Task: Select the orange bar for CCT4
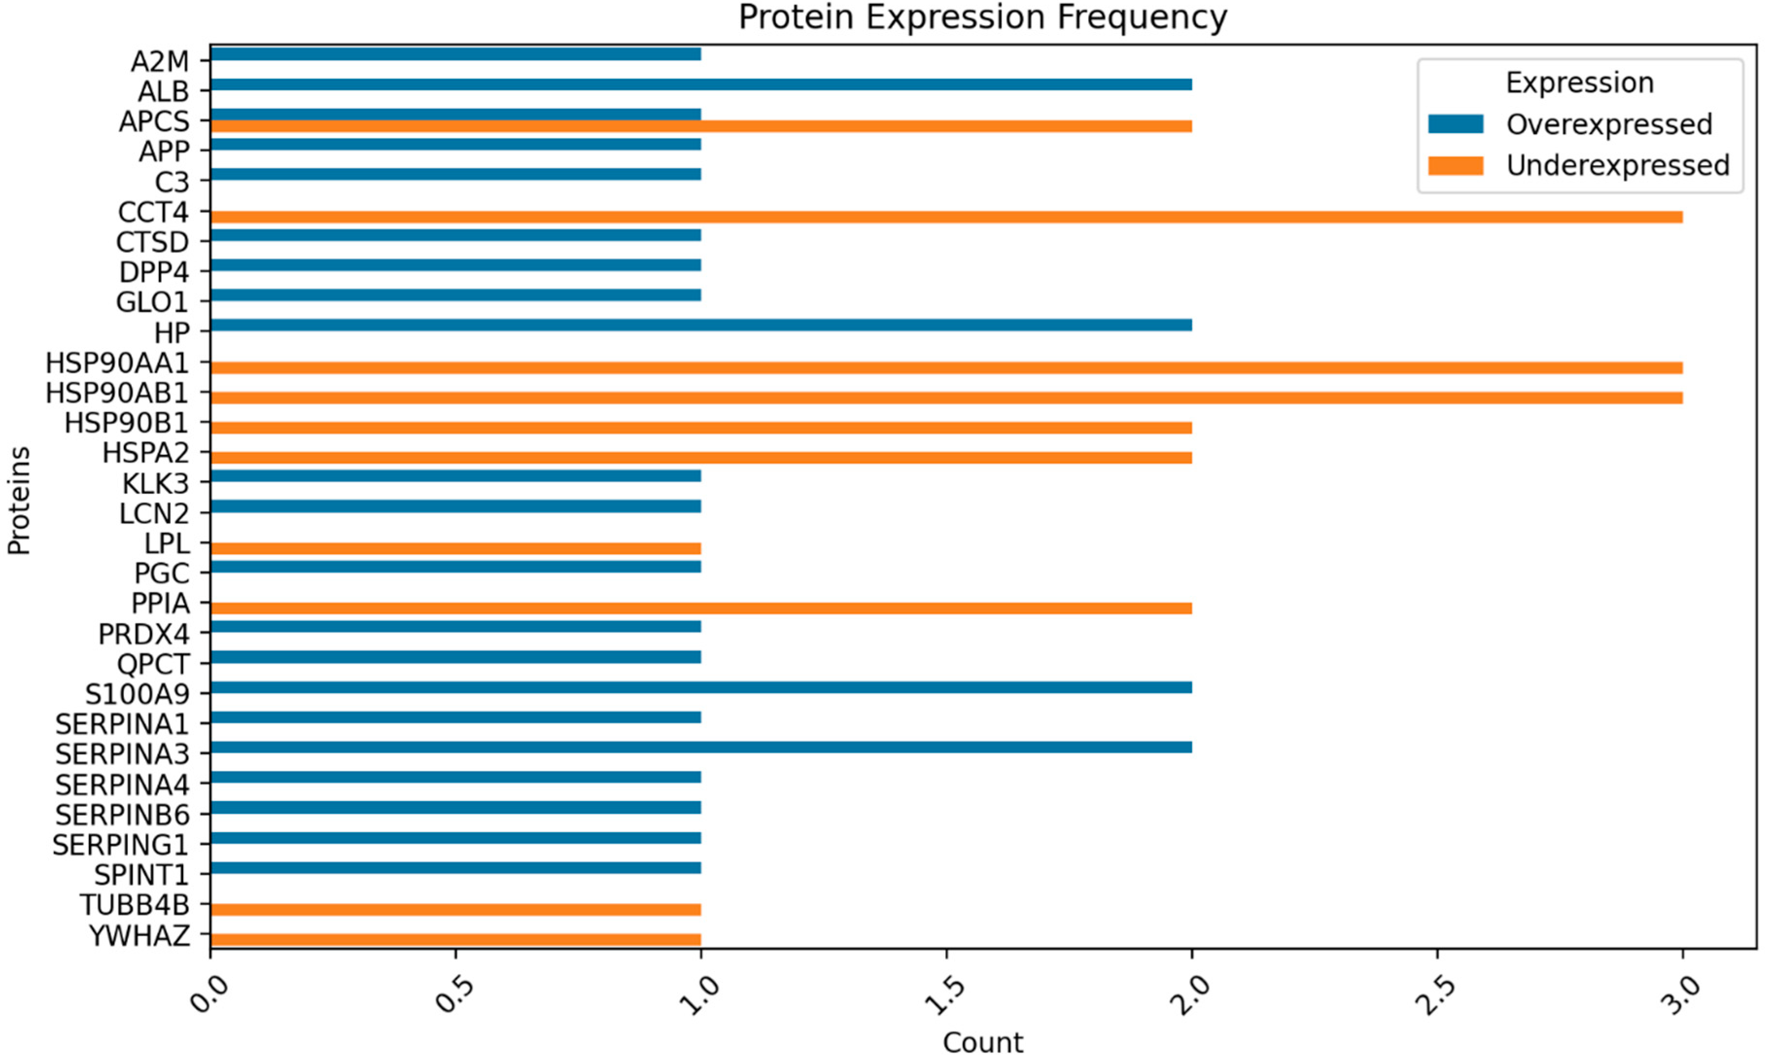click(946, 217)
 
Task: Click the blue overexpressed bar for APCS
click(455, 114)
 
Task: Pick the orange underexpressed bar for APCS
click(701, 126)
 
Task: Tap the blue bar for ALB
click(701, 84)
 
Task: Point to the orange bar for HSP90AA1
click(946, 368)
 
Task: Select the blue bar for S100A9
click(701, 687)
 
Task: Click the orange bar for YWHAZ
click(455, 940)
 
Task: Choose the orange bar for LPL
click(455, 548)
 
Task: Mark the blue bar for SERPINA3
click(701, 747)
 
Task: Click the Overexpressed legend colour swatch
click(1455, 124)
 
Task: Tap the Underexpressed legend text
click(1617, 166)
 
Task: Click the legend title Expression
click(1579, 83)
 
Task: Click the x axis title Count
click(983, 1042)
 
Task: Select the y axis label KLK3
click(155, 484)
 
